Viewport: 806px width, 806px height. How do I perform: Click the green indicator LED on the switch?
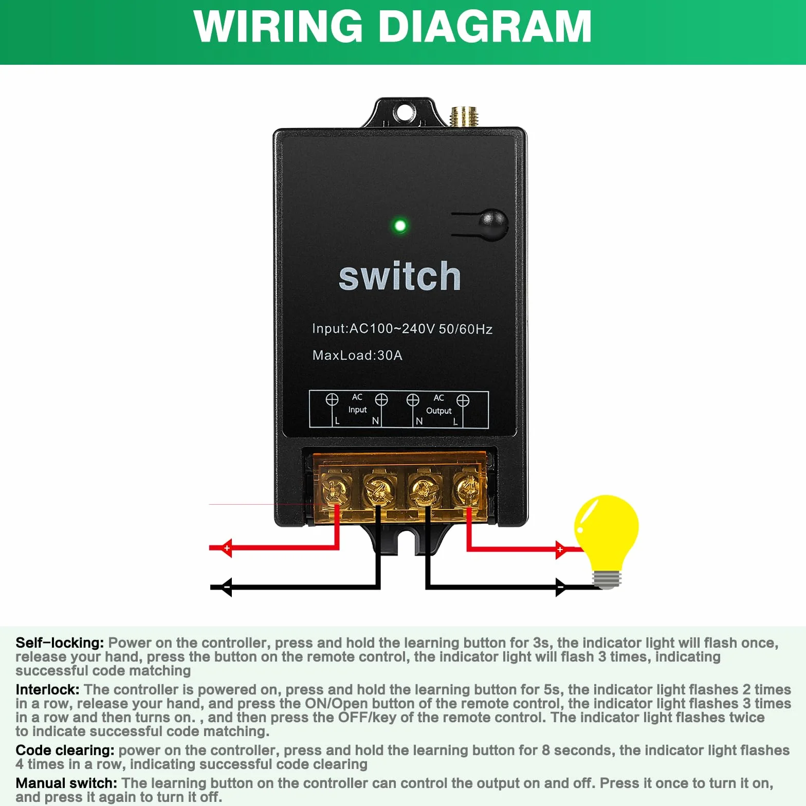(400, 226)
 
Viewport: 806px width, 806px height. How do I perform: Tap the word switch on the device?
(399, 276)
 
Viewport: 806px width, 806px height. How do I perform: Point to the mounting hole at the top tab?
(404, 111)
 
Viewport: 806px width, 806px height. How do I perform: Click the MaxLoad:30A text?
(357, 355)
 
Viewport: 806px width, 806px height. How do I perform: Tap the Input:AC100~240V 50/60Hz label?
(402, 329)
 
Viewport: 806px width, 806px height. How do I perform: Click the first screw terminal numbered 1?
(335, 489)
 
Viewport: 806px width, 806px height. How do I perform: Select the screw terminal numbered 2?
(379, 489)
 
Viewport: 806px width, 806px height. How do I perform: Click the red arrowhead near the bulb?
(561, 549)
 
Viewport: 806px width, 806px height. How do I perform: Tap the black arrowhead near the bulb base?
(561, 587)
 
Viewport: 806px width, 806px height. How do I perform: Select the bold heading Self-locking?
(60, 643)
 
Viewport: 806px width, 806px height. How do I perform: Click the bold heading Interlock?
(47, 689)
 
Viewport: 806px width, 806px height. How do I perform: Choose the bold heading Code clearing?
(65, 750)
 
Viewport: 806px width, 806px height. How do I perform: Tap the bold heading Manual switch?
(66, 783)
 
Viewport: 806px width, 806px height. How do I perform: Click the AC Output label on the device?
(438, 404)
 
